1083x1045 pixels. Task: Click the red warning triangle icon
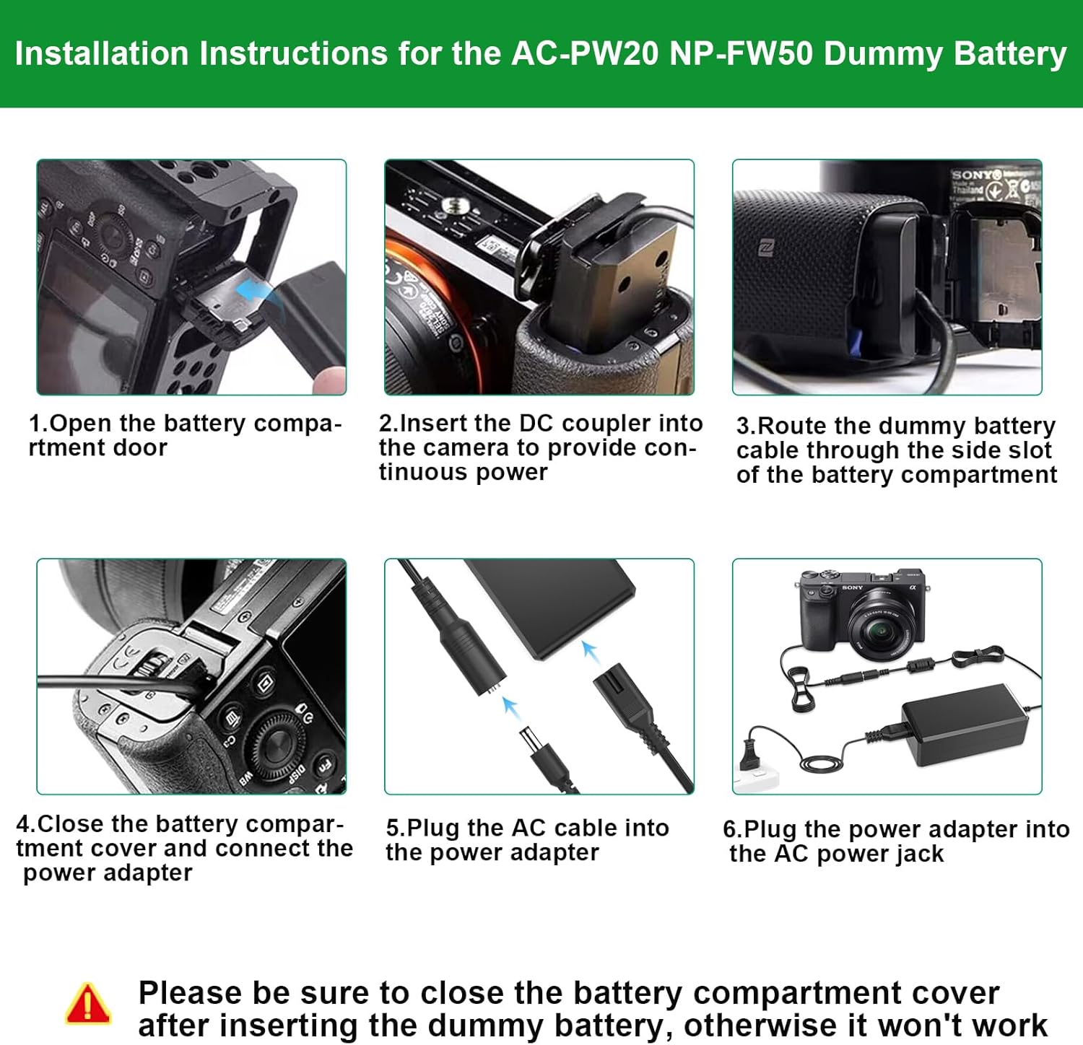[x=87, y=1004]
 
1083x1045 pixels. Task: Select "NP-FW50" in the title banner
[x=741, y=53]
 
